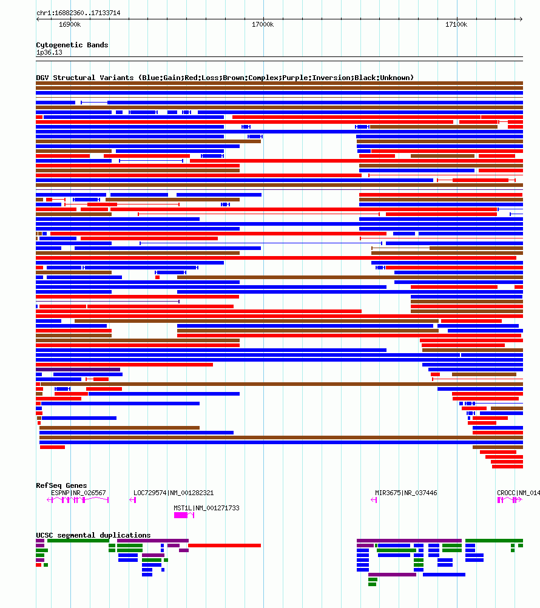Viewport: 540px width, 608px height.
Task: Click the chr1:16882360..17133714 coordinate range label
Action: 78,13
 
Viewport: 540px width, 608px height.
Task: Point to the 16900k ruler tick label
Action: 70,24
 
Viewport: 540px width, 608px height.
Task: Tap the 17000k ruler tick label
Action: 263,24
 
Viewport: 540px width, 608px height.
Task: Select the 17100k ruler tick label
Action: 456,24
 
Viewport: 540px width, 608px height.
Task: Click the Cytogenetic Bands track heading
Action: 72,45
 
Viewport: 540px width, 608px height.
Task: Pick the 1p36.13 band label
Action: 49,52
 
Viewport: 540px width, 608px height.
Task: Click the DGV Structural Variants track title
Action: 224,78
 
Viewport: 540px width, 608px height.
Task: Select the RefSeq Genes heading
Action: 61,485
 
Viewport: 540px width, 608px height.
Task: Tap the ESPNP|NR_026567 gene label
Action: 78,493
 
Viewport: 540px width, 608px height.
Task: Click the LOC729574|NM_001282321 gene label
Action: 174,493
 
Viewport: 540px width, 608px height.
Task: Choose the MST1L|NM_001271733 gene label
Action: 206,508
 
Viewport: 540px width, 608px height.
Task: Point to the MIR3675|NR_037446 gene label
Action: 406,493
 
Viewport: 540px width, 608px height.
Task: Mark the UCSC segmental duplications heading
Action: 93,535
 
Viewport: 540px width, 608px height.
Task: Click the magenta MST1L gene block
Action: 181,515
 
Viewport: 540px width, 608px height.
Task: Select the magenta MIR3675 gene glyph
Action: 374,500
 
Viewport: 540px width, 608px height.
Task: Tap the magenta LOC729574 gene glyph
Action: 132,500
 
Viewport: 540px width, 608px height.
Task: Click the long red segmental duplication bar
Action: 224,546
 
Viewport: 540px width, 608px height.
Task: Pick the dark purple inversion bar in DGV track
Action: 78,370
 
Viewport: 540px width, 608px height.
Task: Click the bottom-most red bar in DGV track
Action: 507,467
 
